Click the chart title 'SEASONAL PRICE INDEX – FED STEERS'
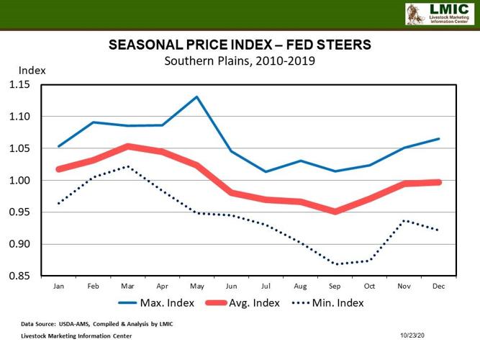pyautogui.click(x=240, y=45)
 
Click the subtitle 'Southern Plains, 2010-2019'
pyautogui.click(x=240, y=60)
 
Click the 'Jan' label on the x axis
pyautogui.click(x=58, y=286)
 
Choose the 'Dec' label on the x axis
pyautogui.click(x=438, y=286)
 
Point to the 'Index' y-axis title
pyautogui.click(x=32, y=71)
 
